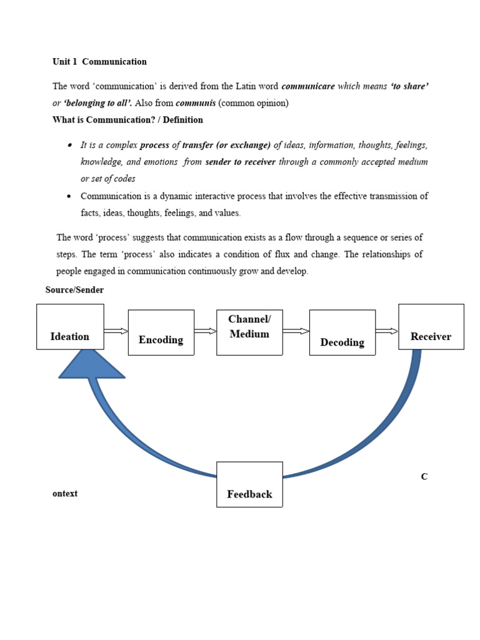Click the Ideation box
coord(70,327)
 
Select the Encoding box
coord(161,332)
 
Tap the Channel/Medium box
coord(249,332)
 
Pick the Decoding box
coord(342,332)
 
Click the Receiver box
coord(431,327)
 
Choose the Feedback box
coord(249,484)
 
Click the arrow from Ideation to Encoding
coord(116,331)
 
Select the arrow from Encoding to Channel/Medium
coord(205,331)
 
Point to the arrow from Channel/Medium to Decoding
coord(296,331)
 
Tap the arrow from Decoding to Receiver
coord(387,331)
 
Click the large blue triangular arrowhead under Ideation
coord(91,366)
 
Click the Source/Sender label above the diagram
coord(74,290)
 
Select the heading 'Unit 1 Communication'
coord(99,62)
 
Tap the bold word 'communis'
coord(196,103)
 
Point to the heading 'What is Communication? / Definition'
coord(127,120)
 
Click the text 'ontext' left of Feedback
coord(65,494)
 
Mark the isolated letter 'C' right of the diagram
coord(424,477)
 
